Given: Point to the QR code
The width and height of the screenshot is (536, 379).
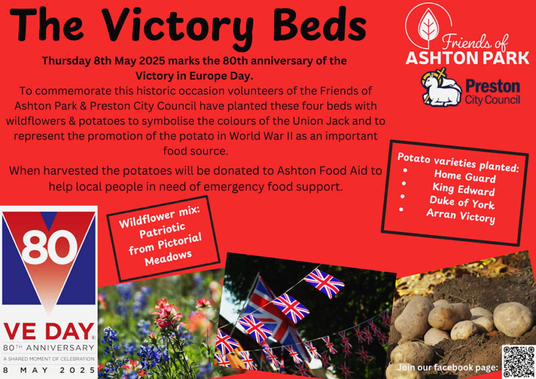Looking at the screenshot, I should point(518,362).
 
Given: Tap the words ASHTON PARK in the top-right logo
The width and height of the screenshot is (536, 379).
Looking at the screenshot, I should point(467,58).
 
